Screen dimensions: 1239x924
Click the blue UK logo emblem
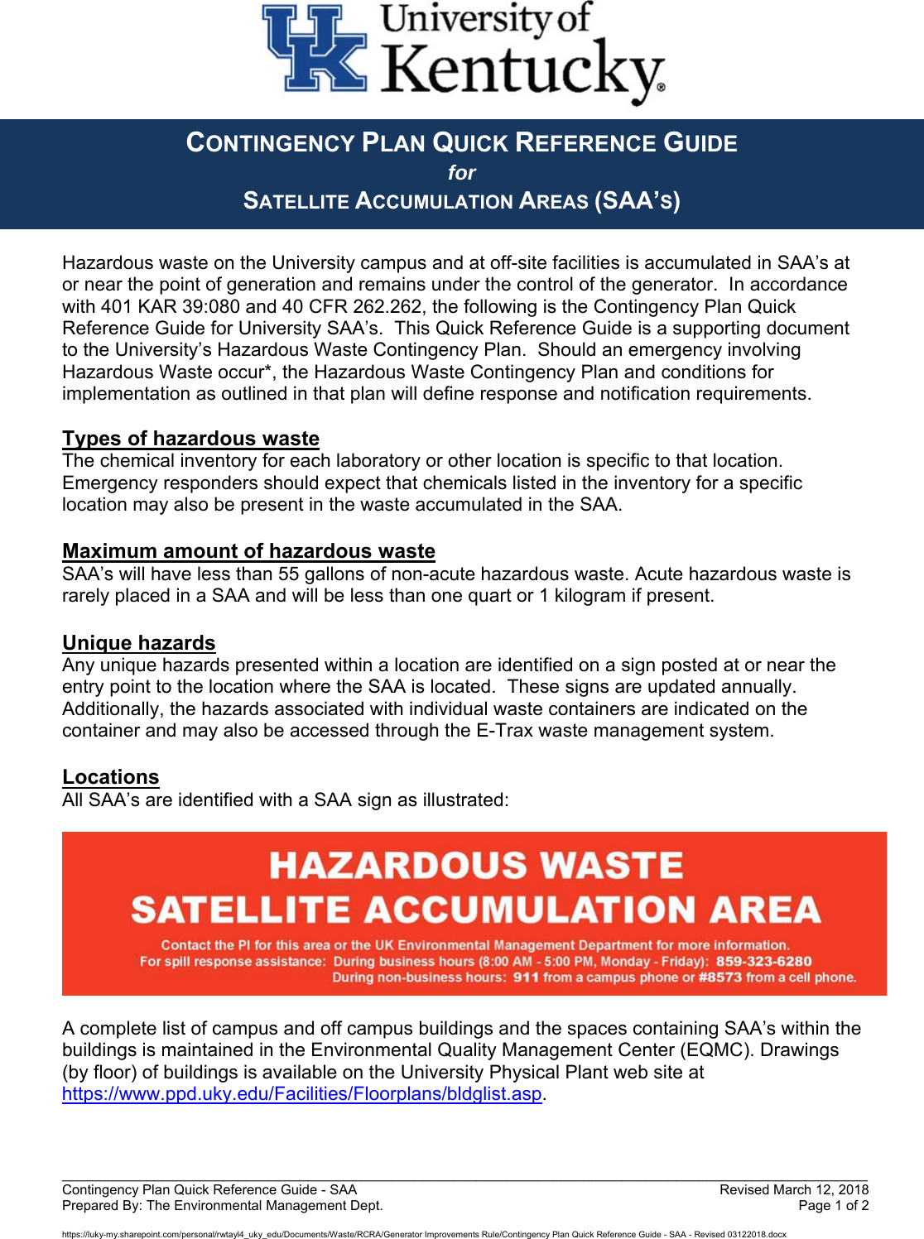[315, 49]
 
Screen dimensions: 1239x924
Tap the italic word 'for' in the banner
[462, 173]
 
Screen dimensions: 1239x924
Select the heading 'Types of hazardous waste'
[190, 439]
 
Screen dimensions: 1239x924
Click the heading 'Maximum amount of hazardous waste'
[248, 551]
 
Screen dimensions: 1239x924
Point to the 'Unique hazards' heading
[138, 643]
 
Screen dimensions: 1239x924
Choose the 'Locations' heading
[110, 777]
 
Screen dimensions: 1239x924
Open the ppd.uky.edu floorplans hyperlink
[301, 1094]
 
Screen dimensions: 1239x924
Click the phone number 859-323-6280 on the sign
[763, 962]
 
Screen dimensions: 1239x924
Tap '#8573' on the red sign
[719, 977]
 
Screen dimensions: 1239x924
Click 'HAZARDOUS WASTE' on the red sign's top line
[476, 867]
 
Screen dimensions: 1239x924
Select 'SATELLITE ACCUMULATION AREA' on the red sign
[475, 910]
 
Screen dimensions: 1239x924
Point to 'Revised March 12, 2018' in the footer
[793, 1190]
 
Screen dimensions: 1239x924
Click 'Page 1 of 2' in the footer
[833, 1206]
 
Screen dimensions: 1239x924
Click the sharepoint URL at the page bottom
[424, 1234]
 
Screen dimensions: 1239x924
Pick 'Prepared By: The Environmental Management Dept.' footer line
[222, 1206]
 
